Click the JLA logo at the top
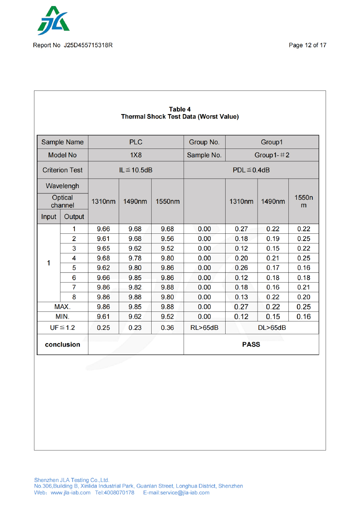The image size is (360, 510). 54,21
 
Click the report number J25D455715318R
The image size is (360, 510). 88,45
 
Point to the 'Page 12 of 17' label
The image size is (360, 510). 307,45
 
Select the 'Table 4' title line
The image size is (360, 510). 180,109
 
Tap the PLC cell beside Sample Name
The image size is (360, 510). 136,142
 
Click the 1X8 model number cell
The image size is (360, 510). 136,155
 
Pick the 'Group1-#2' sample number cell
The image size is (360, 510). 272,155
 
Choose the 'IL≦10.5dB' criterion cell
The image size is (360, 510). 136,170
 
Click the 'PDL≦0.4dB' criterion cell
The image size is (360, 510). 251,170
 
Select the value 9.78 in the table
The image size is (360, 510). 135,258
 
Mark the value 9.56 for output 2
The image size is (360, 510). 167,239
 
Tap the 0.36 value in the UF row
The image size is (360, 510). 167,328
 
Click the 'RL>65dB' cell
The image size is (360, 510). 204,328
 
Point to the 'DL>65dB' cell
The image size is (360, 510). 272,328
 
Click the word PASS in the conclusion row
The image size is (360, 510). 251,345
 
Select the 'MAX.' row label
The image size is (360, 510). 62,307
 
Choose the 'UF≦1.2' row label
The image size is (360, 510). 62,328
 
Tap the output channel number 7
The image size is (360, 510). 74,287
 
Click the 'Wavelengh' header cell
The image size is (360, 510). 62,186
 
